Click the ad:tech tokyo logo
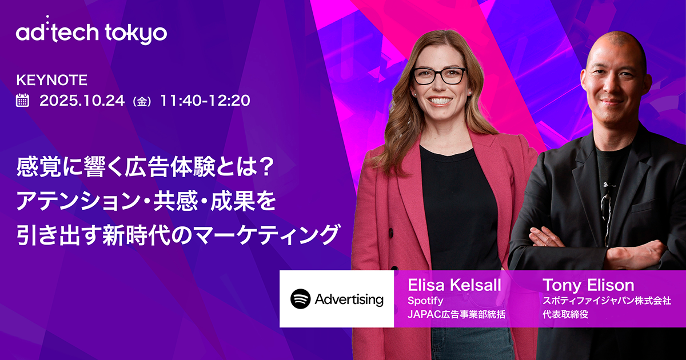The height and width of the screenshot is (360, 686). (91, 33)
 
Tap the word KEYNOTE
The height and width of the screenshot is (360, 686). (52, 80)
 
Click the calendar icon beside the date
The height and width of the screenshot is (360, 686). (23, 101)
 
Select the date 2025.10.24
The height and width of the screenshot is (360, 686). (82, 101)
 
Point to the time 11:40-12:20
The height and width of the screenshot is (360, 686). (205, 101)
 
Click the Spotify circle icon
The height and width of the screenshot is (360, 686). (300, 299)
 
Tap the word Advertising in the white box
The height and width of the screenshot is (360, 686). (349, 299)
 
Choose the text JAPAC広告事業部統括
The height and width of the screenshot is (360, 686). (456, 314)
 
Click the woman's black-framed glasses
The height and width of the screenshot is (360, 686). (440, 75)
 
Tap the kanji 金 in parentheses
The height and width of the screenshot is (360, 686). (141, 102)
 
